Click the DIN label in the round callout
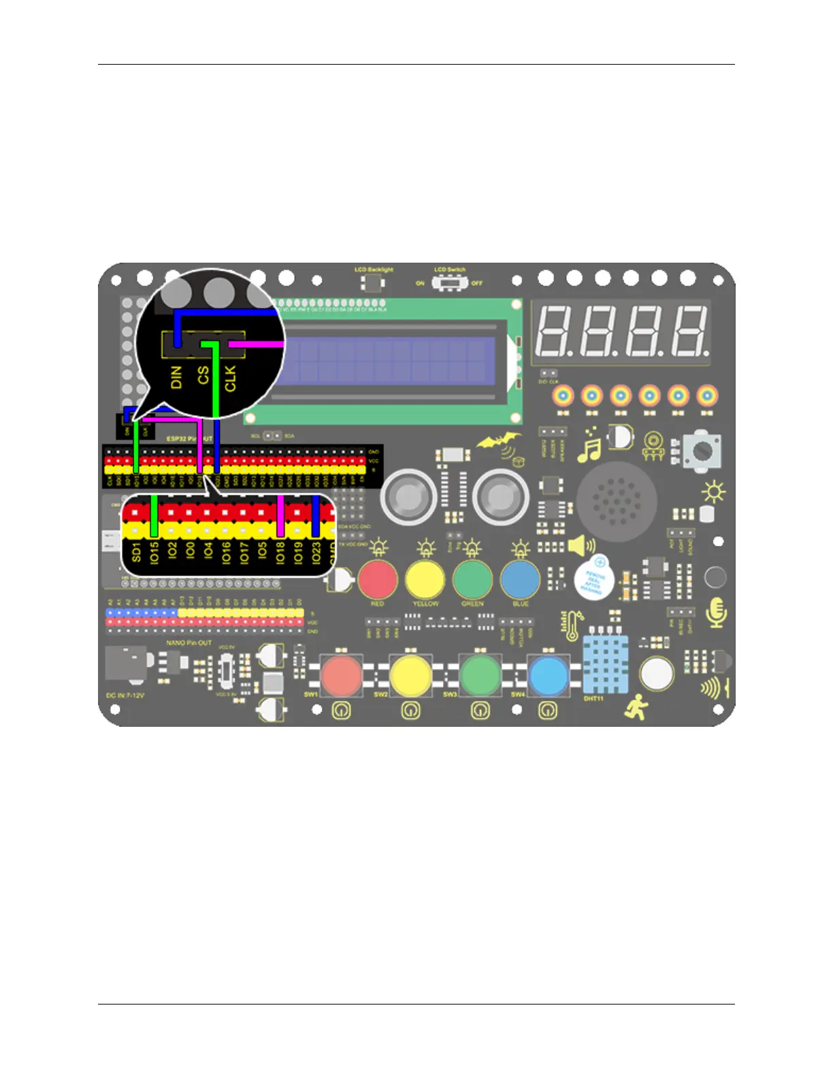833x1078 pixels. (176, 377)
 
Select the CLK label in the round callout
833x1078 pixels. (230, 378)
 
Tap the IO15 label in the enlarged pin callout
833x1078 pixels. (154, 551)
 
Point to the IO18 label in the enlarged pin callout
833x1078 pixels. (280, 552)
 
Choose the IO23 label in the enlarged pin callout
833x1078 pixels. (316, 552)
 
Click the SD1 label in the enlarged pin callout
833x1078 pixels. (137, 552)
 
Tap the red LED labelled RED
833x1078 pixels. (378, 578)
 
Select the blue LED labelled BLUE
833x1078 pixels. (520, 578)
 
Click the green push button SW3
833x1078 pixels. (480, 675)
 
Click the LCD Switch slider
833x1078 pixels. (450, 282)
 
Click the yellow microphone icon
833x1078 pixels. (716, 612)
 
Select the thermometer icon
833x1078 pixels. (571, 626)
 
